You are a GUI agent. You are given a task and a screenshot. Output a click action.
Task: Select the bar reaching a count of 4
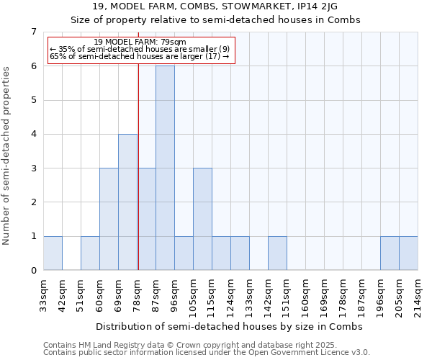point(127,202)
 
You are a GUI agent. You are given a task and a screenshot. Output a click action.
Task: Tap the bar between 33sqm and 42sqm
point(53,253)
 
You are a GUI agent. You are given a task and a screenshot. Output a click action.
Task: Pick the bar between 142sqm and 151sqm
point(277,253)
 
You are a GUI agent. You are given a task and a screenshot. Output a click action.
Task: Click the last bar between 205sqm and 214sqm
point(408,253)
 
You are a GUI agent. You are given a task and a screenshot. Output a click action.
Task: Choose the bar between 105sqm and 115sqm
point(202,219)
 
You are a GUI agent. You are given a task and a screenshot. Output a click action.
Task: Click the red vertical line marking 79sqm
point(138,180)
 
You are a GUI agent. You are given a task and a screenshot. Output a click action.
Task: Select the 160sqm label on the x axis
point(306,295)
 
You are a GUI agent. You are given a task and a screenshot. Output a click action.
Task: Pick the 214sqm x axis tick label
point(418,295)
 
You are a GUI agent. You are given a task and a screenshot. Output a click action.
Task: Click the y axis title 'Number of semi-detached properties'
point(7,156)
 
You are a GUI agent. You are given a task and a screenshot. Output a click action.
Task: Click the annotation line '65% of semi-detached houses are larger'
point(140,57)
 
